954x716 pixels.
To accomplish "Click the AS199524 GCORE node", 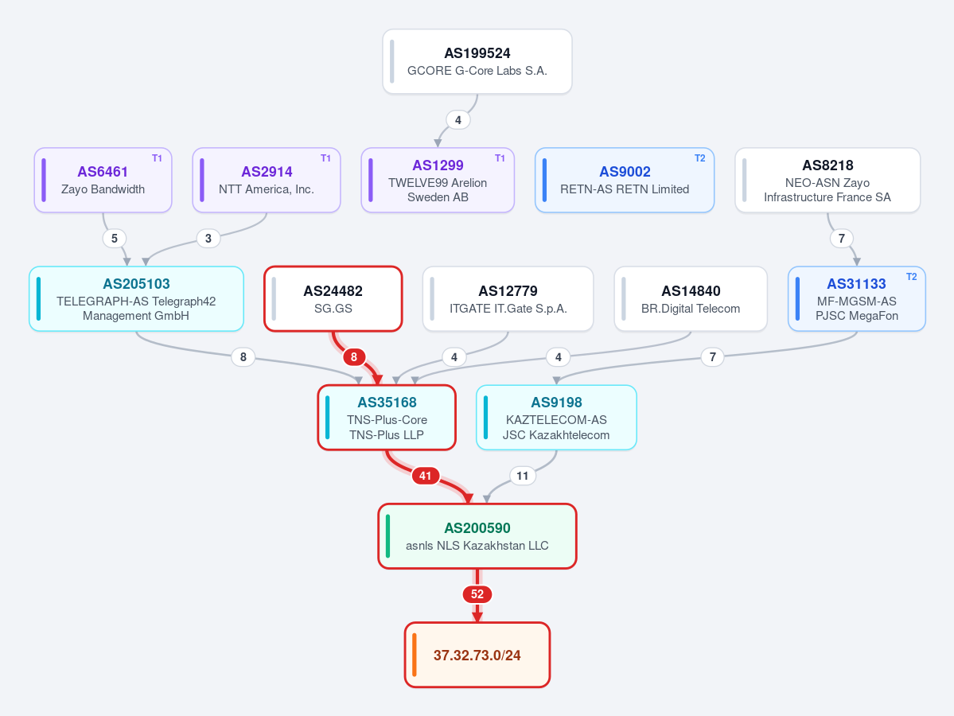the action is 477,61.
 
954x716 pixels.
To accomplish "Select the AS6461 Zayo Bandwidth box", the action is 103,180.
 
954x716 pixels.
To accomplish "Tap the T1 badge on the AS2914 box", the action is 325,158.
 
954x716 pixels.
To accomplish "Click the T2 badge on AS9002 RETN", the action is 699,158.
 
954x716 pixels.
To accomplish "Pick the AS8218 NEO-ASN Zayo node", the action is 827,180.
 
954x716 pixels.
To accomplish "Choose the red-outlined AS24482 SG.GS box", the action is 333,298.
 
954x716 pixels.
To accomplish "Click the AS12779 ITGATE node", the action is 508,298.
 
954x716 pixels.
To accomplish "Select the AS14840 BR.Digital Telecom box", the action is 691,298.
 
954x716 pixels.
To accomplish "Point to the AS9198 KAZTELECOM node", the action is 556,418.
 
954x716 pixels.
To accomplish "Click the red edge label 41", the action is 426,476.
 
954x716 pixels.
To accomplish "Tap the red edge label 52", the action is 477,594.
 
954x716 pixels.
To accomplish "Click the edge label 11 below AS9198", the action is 523,476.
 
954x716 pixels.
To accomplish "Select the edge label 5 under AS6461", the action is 115,239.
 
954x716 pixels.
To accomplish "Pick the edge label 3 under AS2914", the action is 208,239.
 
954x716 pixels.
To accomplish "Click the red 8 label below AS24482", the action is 354,357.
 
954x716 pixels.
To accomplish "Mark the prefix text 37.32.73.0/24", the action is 477,656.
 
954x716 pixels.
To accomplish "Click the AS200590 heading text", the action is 477,528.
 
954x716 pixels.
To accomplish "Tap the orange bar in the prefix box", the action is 415,655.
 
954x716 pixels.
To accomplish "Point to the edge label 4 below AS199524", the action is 458,120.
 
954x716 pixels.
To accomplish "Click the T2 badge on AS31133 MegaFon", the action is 911,277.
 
